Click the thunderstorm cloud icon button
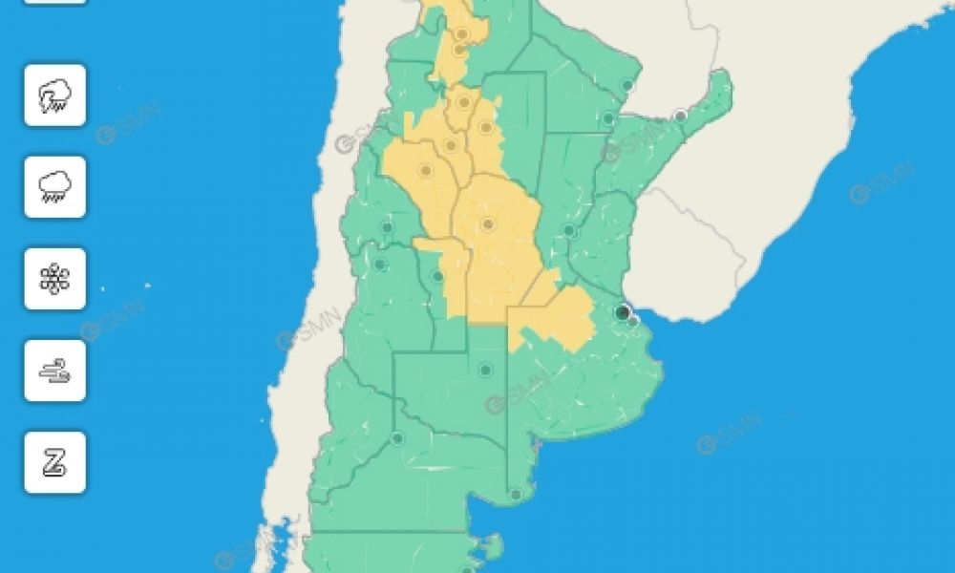point(54,95)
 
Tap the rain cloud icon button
point(54,187)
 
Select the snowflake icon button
point(54,279)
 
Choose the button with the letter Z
point(54,462)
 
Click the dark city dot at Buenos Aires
point(623,312)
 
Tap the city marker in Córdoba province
point(488,225)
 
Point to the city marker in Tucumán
point(463,101)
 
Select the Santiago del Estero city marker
point(485,127)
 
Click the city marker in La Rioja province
point(426,171)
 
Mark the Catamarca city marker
point(451,146)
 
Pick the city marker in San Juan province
point(387,227)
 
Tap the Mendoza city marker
point(379,265)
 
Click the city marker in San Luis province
point(437,277)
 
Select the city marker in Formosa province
point(627,86)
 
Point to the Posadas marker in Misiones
point(680,117)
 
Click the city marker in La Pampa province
point(485,370)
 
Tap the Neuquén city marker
point(397,438)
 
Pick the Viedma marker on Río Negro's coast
point(515,495)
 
